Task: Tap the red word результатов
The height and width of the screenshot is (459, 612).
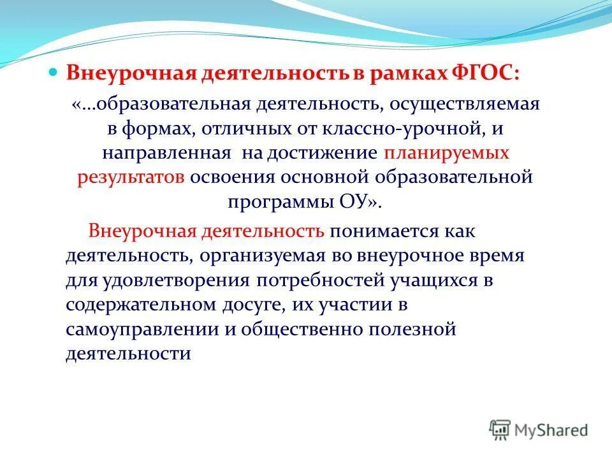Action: [x=131, y=177]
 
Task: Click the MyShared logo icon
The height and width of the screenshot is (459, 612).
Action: [x=500, y=429]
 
